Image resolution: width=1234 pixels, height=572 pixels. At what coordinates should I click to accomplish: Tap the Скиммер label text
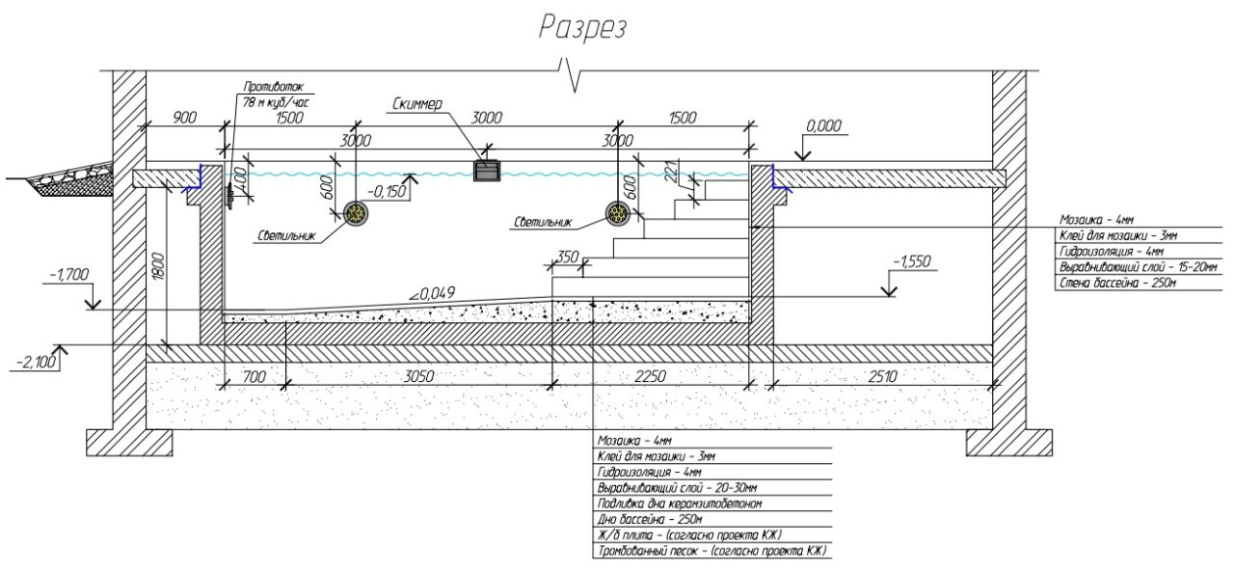(417, 103)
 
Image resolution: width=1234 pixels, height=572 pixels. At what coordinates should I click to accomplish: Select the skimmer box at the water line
(488, 171)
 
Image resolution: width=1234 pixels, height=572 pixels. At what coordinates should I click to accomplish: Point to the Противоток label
(274, 87)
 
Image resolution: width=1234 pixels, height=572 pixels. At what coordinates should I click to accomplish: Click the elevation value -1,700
(67, 275)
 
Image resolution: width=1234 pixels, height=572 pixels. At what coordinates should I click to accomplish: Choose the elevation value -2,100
(37, 362)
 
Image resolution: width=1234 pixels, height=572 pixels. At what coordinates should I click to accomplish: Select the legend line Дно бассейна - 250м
(648, 519)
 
